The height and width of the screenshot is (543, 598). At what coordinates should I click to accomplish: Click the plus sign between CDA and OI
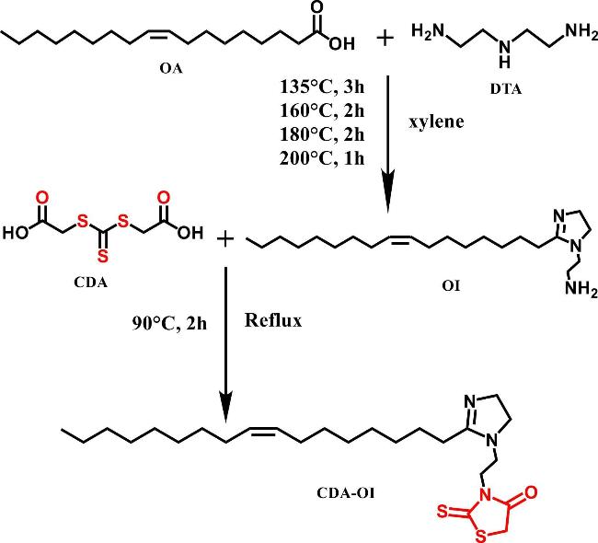pyautogui.click(x=226, y=240)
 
